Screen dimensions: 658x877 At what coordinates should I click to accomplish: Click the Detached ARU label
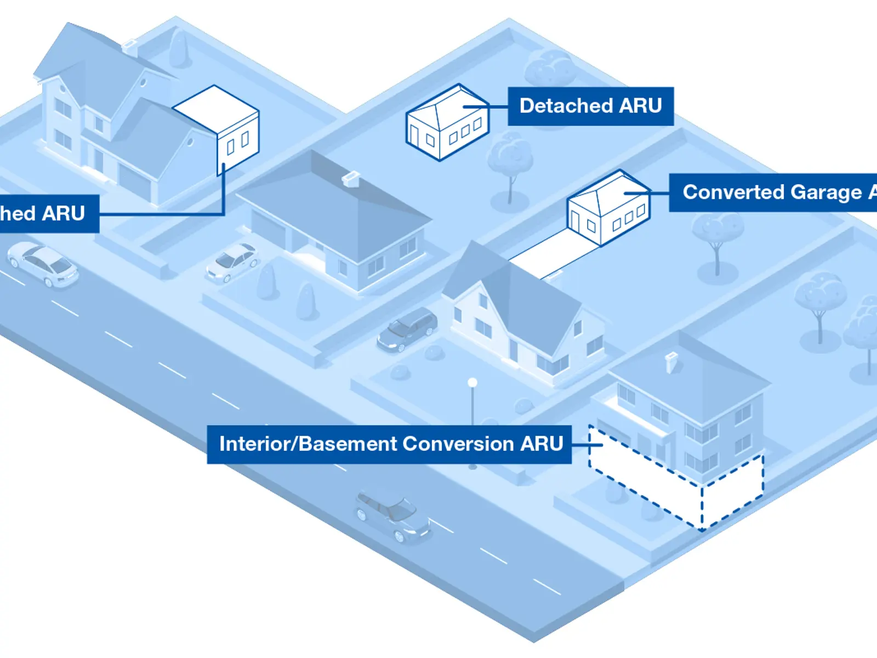pyautogui.click(x=590, y=106)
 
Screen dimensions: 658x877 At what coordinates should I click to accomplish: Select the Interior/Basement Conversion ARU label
pyautogui.click(x=389, y=444)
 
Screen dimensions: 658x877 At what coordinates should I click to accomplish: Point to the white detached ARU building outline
pyautogui.click(x=447, y=123)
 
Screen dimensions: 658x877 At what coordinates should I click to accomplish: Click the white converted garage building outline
pyautogui.click(x=608, y=208)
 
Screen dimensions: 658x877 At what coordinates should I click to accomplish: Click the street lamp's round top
pyautogui.click(x=472, y=382)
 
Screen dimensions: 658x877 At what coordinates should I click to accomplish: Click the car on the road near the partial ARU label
pyautogui.click(x=43, y=263)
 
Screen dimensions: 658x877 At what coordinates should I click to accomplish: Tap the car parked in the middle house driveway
pyautogui.click(x=233, y=262)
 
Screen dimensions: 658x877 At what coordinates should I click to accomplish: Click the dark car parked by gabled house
pyautogui.click(x=407, y=329)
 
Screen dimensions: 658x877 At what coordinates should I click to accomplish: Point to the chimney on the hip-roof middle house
pyautogui.click(x=351, y=179)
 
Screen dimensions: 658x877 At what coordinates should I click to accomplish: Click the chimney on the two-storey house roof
pyautogui.click(x=671, y=362)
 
